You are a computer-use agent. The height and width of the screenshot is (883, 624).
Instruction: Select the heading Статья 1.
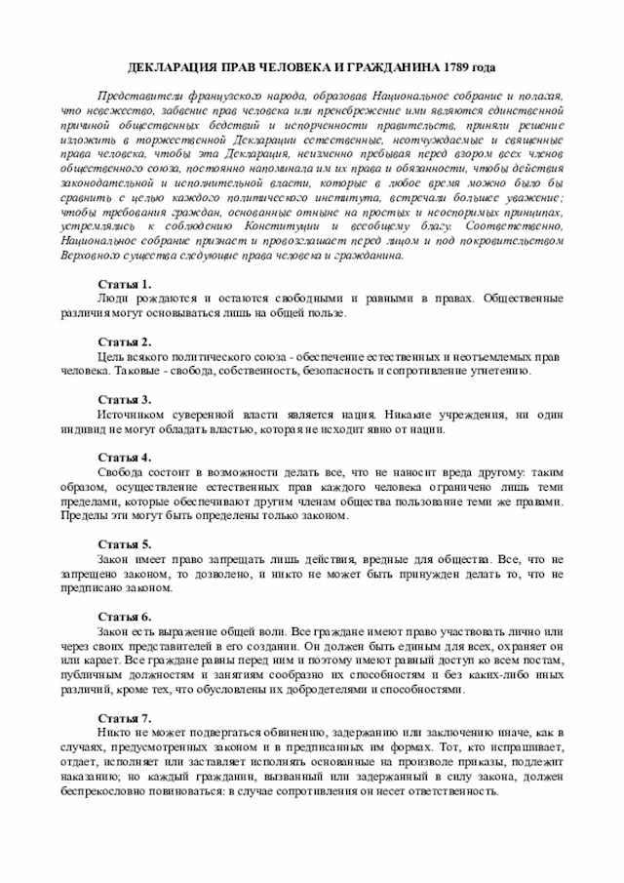[125, 284]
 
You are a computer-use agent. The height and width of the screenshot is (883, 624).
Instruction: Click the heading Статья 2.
[125, 342]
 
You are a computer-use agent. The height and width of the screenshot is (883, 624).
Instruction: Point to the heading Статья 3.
[125, 400]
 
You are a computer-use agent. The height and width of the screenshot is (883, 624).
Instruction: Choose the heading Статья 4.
[125, 458]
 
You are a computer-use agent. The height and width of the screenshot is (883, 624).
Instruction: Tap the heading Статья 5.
[125, 543]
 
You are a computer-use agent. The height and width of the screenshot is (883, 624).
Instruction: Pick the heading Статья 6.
[125, 617]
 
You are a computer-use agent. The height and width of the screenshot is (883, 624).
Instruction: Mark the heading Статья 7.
[125, 717]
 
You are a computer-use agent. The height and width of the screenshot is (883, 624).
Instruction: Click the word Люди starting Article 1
[114, 299]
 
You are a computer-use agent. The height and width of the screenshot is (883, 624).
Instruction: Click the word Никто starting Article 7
[116, 732]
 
